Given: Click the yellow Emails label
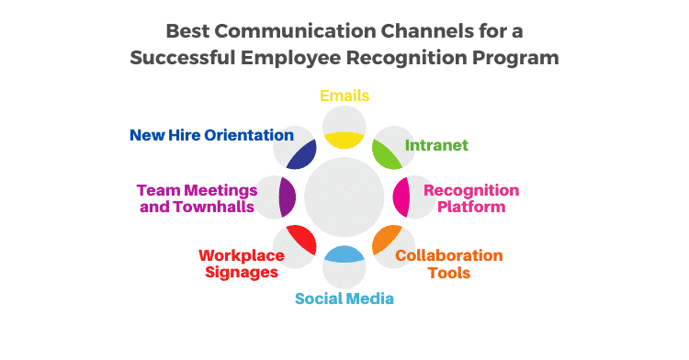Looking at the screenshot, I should pyautogui.click(x=344, y=95).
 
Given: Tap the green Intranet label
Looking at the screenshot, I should pyautogui.click(x=437, y=145).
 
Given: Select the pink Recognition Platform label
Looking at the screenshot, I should pyautogui.click(x=470, y=198).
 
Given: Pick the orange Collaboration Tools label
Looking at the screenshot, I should pyautogui.click(x=449, y=264).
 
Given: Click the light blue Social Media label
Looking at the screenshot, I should pyautogui.click(x=344, y=298).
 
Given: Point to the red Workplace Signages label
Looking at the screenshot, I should pyautogui.click(x=242, y=264).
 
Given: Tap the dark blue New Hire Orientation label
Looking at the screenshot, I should pyautogui.click(x=211, y=135).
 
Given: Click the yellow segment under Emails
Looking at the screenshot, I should pyautogui.click(x=344, y=140).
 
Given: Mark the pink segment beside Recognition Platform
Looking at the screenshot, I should pyautogui.click(x=401, y=197).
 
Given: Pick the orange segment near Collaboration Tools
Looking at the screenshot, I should pyautogui.click(x=387, y=240).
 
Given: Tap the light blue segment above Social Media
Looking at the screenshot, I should pyautogui.click(x=344, y=254).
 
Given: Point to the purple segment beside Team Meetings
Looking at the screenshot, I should pyautogui.click(x=287, y=197).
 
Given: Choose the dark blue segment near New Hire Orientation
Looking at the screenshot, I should pyautogui.click(x=301, y=153).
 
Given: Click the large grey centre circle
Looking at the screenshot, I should pyautogui.click(x=344, y=197).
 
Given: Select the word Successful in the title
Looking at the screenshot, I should pyautogui.click(x=185, y=58).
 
